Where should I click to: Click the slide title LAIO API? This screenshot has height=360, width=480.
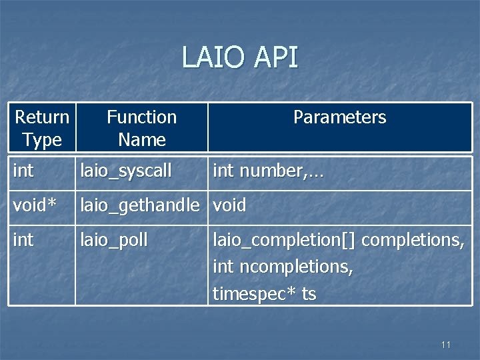click(240, 58)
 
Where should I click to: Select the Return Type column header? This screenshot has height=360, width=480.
click(42, 128)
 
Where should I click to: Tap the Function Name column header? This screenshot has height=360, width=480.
click(141, 128)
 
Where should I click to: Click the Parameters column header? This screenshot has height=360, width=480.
click(339, 117)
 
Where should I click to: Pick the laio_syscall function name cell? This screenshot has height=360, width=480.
click(126, 171)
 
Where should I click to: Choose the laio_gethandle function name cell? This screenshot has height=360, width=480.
click(139, 205)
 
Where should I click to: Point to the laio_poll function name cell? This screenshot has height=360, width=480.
click(114, 239)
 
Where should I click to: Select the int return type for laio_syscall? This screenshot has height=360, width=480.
click(23, 171)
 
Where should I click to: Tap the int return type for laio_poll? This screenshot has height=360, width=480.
click(23, 239)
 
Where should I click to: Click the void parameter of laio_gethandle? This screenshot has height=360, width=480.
click(229, 205)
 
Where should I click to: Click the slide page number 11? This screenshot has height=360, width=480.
click(446, 345)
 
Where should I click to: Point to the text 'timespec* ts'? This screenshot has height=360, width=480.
click(264, 294)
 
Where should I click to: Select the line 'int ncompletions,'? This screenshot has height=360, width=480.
click(283, 267)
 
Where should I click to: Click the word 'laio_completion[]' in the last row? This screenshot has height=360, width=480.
click(284, 240)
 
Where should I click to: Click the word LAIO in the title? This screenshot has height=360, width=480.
click(211, 58)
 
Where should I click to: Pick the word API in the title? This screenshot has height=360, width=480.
click(275, 58)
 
